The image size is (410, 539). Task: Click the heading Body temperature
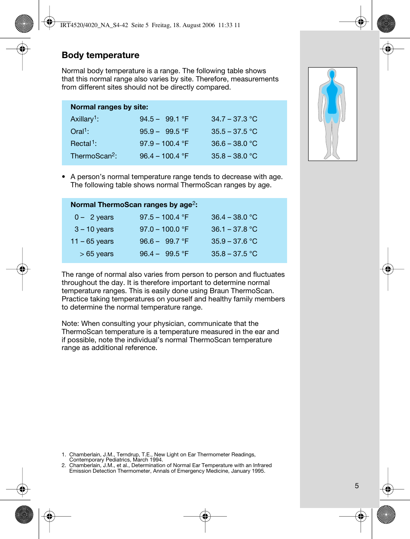[101, 55]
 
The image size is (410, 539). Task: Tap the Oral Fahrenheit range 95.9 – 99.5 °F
[164, 132]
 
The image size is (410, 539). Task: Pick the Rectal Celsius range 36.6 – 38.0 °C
[234, 144]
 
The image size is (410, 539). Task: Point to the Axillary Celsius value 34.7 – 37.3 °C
[234, 119]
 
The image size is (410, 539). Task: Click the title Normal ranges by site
[109, 107]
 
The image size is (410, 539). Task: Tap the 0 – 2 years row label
[94, 217]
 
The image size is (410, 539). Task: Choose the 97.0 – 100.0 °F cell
[164, 229]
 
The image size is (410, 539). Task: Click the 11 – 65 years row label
[92, 242]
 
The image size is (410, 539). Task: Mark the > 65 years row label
[97, 254]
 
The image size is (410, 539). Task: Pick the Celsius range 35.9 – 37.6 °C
[234, 242]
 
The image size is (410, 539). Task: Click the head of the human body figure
[332, 74]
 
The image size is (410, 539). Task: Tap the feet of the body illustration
[332, 156]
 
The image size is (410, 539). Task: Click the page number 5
[357, 486]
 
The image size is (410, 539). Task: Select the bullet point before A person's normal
[64, 177]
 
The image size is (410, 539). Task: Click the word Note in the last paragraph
[70, 324]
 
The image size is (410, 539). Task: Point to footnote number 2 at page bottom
[64, 465]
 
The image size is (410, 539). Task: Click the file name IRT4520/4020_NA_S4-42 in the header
[94, 25]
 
